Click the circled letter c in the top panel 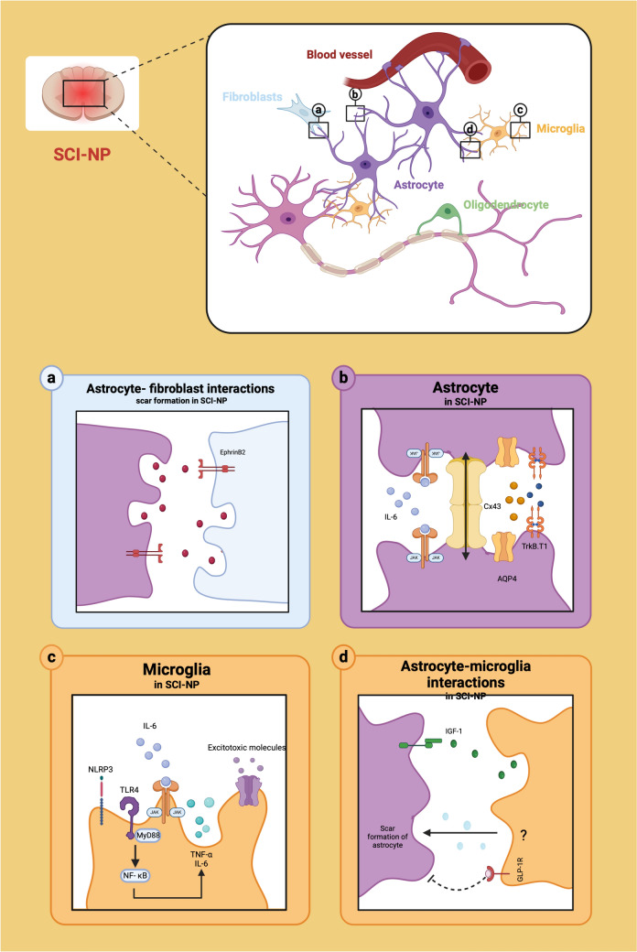(520, 107)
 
